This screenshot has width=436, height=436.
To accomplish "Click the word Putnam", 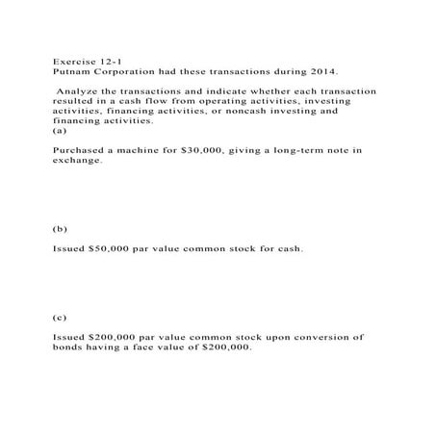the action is [69, 71].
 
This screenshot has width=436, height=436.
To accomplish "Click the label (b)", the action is [61, 231].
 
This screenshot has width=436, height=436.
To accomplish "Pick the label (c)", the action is [61, 315].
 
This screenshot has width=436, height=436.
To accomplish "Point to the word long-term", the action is [288, 151].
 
